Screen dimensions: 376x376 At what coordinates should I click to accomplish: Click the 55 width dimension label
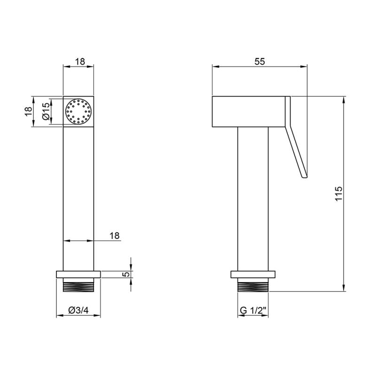click(260, 62)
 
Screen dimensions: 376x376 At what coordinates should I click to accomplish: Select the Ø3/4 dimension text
click(78, 310)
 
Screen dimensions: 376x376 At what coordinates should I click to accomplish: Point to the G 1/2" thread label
click(253, 310)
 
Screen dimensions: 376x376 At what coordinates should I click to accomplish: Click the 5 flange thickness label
click(126, 274)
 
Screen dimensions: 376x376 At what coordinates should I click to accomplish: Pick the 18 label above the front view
click(80, 62)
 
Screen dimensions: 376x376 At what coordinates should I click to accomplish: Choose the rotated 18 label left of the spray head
click(28, 111)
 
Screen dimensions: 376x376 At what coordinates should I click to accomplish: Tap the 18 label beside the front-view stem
click(115, 236)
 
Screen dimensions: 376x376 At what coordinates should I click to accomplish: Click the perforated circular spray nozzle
click(78, 111)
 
